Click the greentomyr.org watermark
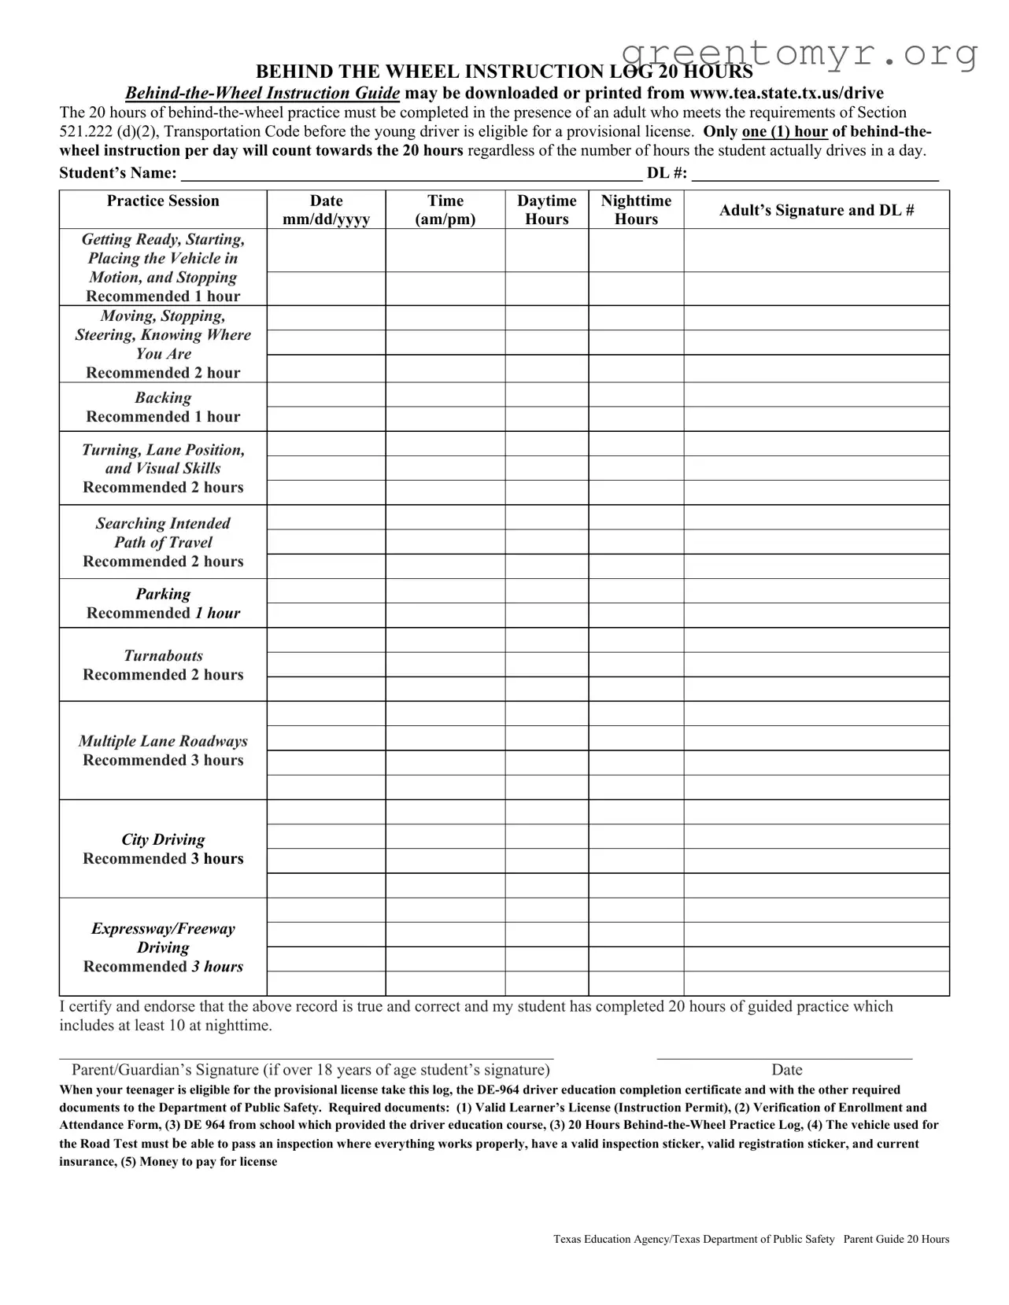[799, 53]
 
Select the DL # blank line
[815, 175]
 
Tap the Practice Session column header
[163, 201]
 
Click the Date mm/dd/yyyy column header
[326, 210]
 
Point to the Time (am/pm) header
[445, 210]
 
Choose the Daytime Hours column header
[546, 210]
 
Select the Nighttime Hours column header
[636, 210]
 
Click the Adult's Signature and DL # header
[816, 210]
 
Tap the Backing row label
[163, 407]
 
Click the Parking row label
[163, 603]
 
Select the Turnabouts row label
[163, 665]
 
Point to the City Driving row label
[163, 849]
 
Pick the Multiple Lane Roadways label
[163, 750]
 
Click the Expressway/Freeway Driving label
[163, 947]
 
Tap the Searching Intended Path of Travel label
[163, 542]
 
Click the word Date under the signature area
[786, 1070]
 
